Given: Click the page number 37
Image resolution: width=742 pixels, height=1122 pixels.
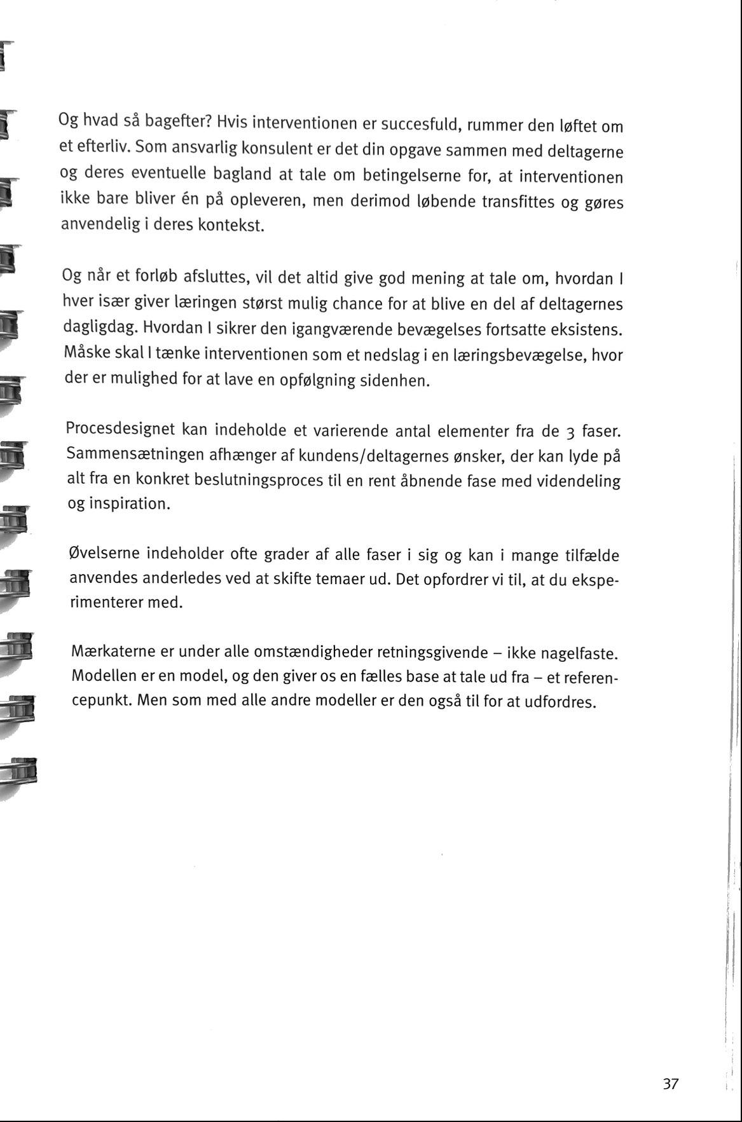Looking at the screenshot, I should pos(671,1084).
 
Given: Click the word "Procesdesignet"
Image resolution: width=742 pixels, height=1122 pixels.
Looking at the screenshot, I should pos(120,429).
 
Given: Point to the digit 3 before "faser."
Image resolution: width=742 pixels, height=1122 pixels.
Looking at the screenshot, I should pos(570,433).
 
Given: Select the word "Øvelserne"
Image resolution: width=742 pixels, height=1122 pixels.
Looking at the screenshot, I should pos(104,553).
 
